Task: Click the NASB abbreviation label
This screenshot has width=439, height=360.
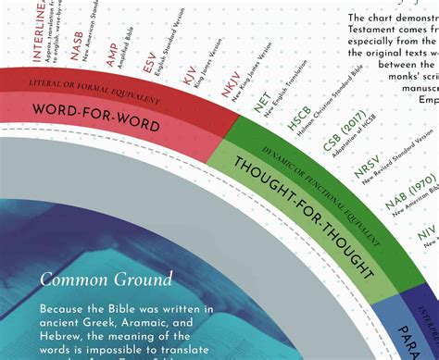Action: pyautogui.click(x=78, y=47)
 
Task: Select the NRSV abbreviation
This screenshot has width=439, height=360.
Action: pyautogui.click(x=366, y=172)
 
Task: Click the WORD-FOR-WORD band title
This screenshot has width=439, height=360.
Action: pyautogui.click(x=96, y=118)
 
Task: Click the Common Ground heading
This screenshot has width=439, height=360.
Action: pyautogui.click(x=106, y=279)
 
